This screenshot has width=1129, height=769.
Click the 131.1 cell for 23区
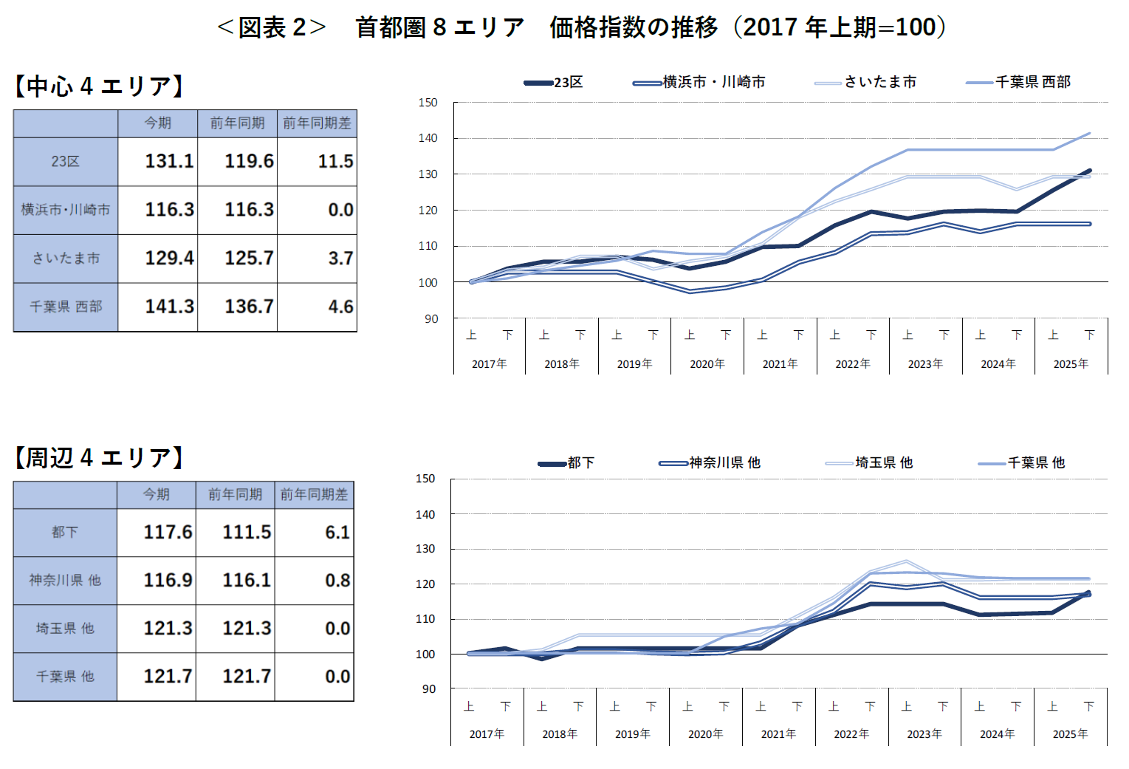169,161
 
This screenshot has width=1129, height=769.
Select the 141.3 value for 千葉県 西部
169,307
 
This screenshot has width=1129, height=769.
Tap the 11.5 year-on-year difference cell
335,161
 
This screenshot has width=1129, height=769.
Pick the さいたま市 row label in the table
66,259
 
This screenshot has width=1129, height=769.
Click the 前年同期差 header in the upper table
317,123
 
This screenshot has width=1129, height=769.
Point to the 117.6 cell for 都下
168,532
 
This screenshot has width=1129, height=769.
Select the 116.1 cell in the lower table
247,580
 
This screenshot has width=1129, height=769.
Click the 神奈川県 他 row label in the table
65,580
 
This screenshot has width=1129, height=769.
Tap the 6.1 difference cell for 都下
337,532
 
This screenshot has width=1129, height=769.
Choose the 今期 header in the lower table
157,494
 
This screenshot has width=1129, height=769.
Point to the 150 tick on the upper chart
428,103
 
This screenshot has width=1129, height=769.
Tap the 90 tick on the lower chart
429,688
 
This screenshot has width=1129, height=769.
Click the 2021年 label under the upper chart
780,364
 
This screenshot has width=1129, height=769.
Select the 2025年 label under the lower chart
1070,734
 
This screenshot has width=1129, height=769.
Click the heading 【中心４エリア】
99,86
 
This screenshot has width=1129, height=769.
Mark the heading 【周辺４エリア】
99,458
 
